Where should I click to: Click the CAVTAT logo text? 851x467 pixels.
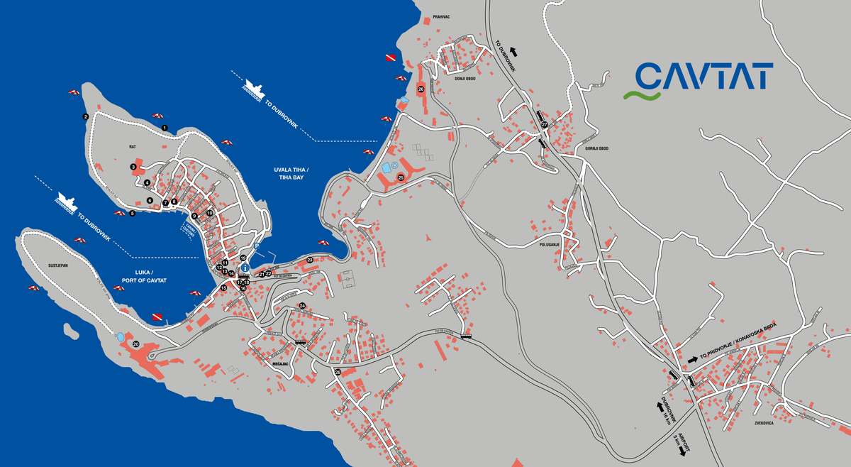pos(703,76)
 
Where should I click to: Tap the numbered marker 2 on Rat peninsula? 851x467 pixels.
pos(85,116)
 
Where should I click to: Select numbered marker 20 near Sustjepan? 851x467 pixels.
pos(135,344)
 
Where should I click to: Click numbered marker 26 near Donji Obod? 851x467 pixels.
pos(421,89)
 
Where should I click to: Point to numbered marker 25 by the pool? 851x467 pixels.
pos(401,177)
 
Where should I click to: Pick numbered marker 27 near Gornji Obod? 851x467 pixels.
pos(544,124)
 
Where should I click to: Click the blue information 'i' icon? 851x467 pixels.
pos(245,268)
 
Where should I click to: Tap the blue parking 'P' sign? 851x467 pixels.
pos(257,246)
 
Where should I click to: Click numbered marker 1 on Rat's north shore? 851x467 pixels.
pos(165,128)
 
